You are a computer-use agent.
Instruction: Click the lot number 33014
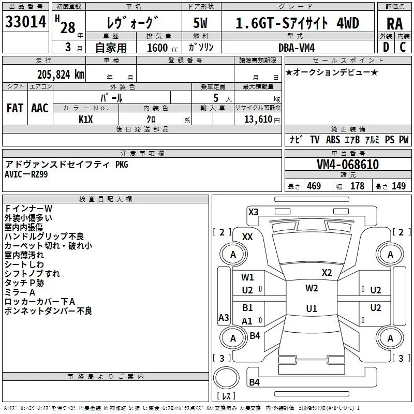click(x=25, y=22)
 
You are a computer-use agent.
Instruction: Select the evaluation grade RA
click(x=394, y=24)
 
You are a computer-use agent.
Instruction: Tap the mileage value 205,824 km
click(x=61, y=75)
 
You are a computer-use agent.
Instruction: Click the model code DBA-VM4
click(x=297, y=48)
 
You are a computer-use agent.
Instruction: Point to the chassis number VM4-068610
click(x=348, y=165)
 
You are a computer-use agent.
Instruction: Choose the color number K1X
click(x=86, y=120)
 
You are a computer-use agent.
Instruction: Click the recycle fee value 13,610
click(x=258, y=119)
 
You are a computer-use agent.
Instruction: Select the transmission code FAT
click(x=15, y=108)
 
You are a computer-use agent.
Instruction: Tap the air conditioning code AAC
click(x=40, y=108)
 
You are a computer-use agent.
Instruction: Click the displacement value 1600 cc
click(x=162, y=48)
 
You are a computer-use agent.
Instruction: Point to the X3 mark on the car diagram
click(x=253, y=212)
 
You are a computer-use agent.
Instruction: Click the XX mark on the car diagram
click(x=247, y=237)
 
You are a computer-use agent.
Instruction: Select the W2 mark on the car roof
click(x=312, y=288)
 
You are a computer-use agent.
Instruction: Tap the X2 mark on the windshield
click(x=327, y=273)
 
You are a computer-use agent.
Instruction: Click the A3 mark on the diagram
click(x=224, y=317)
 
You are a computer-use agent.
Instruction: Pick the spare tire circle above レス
click(x=226, y=378)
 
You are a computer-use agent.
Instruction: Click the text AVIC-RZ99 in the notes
click(x=26, y=174)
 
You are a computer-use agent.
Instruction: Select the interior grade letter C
click(x=403, y=47)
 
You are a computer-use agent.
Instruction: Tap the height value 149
click(x=398, y=186)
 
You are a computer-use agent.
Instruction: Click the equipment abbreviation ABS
click(x=333, y=140)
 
